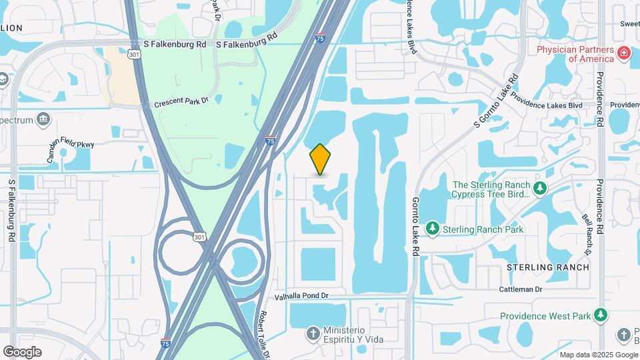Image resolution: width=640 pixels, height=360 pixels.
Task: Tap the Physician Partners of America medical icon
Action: [624, 53]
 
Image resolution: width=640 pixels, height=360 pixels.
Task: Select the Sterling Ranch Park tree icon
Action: [433, 229]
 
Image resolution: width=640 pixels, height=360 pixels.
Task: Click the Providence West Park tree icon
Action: [601, 314]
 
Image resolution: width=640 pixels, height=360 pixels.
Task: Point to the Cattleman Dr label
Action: [521, 289]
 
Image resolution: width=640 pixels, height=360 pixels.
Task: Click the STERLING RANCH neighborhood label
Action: [548, 267]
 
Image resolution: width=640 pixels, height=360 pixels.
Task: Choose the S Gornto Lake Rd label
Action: [494, 101]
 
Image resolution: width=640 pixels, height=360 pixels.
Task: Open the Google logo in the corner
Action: [22, 352]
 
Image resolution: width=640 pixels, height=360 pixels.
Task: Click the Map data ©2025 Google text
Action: [597, 355]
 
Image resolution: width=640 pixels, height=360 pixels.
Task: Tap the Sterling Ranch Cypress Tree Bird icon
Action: [541, 189]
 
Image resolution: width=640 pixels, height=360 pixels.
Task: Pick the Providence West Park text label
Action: [545, 315]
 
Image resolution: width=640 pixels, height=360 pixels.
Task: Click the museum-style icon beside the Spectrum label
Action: [44, 119]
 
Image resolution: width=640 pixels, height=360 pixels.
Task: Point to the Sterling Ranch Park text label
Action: [484, 229]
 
